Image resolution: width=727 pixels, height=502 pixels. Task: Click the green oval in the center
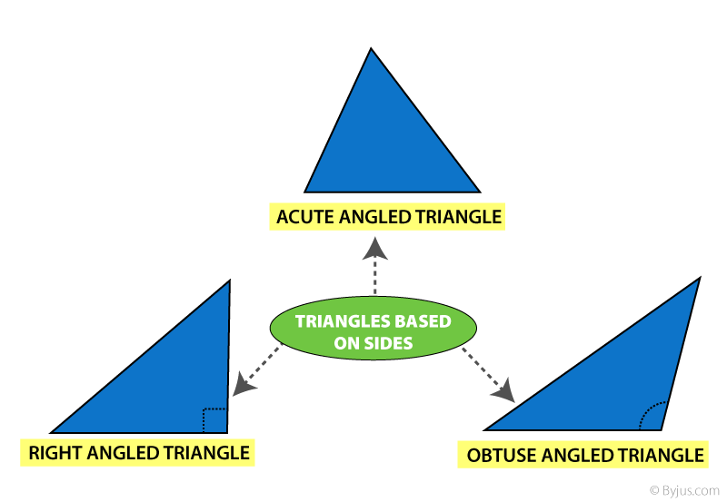click(x=373, y=332)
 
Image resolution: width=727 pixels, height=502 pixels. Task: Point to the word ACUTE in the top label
click(x=304, y=217)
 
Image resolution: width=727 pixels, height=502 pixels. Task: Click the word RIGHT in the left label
click(x=53, y=452)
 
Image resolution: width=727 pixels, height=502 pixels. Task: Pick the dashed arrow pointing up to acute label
click(x=373, y=268)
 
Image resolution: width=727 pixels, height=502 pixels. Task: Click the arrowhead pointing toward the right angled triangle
click(x=241, y=386)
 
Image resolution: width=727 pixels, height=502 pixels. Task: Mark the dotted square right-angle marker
click(x=214, y=420)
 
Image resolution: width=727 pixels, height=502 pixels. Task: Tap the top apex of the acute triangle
click(x=371, y=50)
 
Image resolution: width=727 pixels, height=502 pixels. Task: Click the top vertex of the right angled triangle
click(x=229, y=281)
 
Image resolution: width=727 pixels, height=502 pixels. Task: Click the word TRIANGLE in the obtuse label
click(x=662, y=454)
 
